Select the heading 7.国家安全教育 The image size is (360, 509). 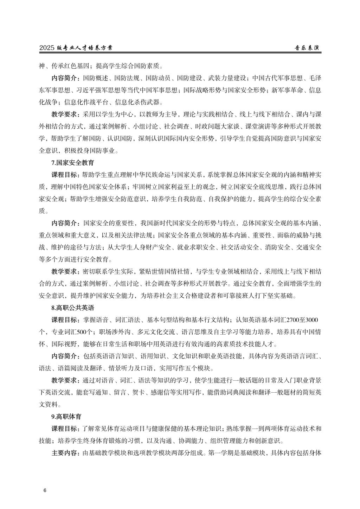[73, 163]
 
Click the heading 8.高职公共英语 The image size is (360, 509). [73, 308]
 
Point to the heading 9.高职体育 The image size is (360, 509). [66, 417]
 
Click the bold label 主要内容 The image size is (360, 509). [65, 453]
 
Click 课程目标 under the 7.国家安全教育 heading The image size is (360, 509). [65, 175]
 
